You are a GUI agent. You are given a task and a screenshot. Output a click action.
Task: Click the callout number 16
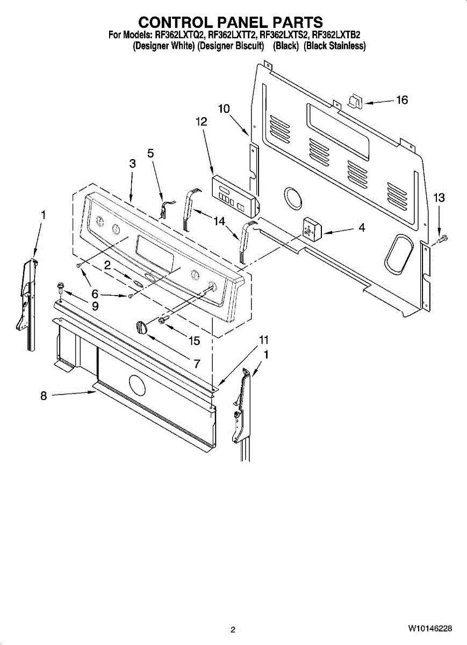coord(402,100)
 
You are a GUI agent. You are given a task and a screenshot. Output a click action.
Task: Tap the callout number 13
coord(439,198)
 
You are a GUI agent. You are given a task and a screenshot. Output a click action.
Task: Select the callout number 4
coord(362,228)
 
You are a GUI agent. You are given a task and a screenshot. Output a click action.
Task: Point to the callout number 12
coord(201,122)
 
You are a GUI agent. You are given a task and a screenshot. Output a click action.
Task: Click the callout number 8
coord(44,396)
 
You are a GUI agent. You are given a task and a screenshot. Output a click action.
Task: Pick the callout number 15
coord(193,341)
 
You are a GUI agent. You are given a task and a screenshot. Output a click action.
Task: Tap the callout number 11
coord(263,340)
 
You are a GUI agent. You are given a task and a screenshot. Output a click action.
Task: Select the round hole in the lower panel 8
coord(138,386)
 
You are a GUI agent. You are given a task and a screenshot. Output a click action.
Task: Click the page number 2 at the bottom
coord(233,629)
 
